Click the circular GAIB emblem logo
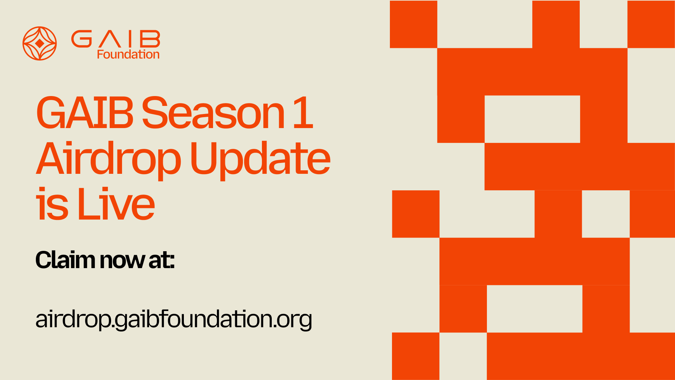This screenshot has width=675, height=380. pos(40,43)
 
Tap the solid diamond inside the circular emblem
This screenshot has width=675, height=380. pos(40,43)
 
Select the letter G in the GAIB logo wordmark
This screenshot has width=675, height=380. pos(82,39)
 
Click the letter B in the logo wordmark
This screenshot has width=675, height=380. pos(150,39)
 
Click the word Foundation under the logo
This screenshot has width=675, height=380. pos(128,55)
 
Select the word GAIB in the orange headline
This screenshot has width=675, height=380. pos(85,113)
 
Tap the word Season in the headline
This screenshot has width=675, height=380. pos(213,113)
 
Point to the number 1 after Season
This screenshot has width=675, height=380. pos(303,113)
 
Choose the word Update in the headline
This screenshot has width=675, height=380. pos(260,159)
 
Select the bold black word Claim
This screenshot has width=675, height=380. pos(65,260)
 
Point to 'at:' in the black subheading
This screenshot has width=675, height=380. pos(162,260)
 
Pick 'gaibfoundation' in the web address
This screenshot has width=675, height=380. pos(193,319)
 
